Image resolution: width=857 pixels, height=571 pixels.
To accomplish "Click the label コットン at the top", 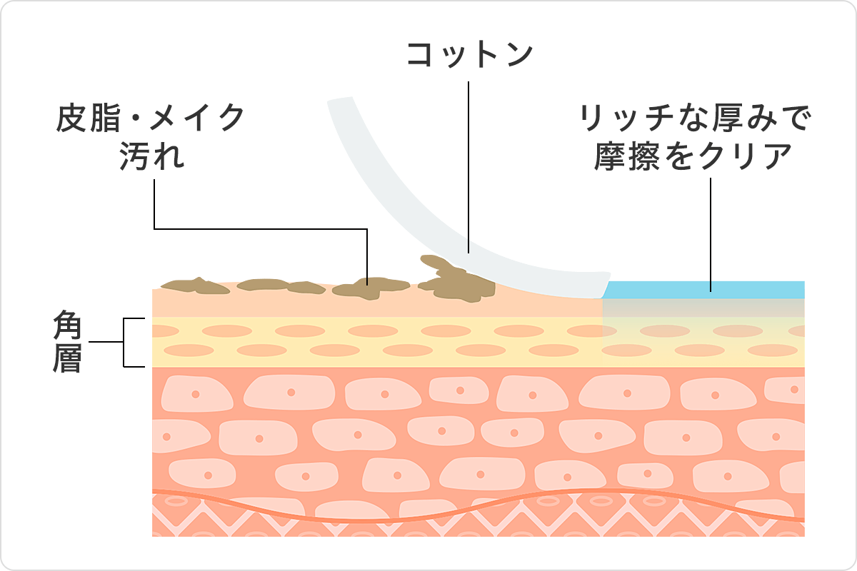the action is click(x=469, y=55).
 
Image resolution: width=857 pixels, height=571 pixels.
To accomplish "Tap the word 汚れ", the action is click(x=152, y=156).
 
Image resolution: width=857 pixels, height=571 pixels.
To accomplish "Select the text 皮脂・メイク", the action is click(x=151, y=118).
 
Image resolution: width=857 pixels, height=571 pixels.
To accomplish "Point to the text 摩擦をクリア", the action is click(x=693, y=156).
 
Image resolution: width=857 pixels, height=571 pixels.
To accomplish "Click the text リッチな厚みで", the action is click(x=695, y=118).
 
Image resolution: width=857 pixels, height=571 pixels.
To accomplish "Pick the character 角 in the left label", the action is click(x=67, y=325).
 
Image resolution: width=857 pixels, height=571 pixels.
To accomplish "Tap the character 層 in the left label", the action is click(x=67, y=358).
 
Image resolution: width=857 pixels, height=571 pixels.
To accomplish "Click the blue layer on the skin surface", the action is click(x=703, y=290).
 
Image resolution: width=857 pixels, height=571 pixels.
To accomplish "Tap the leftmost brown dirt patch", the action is click(x=195, y=285).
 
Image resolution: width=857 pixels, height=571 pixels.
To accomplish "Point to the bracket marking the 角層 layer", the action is click(x=124, y=342).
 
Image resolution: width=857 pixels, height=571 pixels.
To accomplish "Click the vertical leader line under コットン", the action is click(x=468, y=167).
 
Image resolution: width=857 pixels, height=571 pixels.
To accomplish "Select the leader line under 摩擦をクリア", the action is click(x=711, y=235).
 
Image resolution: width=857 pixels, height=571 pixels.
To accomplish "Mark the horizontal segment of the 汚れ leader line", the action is click(x=261, y=229).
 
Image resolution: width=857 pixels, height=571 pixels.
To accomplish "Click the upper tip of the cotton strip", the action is click(x=339, y=99).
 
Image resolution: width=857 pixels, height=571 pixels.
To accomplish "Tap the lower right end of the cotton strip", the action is click(x=605, y=290).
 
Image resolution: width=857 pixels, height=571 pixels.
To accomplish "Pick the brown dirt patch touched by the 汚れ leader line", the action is click(x=369, y=288).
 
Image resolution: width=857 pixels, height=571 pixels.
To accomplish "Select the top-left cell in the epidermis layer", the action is click(x=196, y=394).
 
